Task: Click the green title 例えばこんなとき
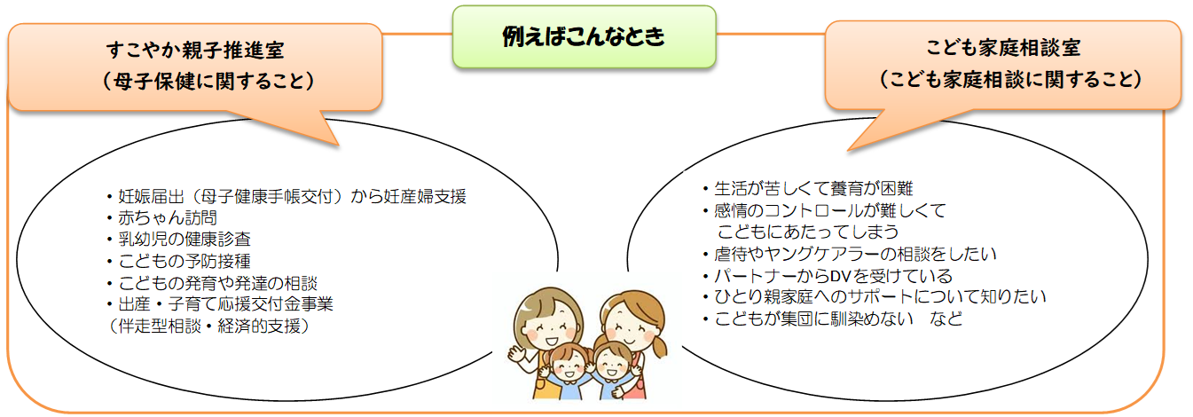pyautogui.click(x=584, y=36)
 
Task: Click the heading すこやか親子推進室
pyautogui.click(x=195, y=50)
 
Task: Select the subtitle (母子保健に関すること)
pyautogui.click(x=208, y=81)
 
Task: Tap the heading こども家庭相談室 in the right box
pyautogui.click(x=1003, y=47)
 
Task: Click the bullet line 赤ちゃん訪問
pyautogui.click(x=168, y=218)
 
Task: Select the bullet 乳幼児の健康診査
pyautogui.click(x=184, y=240)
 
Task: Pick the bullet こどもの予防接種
pyautogui.click(x=184, y=261)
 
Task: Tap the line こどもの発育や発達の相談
pyautogui.click(x=218, y=283)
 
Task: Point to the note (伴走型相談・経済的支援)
pyautogui.click(x=208, y=326)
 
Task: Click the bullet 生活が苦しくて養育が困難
pyautogui.click(x=813, y=188)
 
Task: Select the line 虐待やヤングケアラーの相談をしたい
pyautogui.click(x=855, y=254)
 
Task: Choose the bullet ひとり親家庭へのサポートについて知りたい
pyautogui.click(x=880, y=296)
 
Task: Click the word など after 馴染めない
pyautogui.click(x=946, y=319)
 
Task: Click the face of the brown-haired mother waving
pyautogui.click(x=548, y=326)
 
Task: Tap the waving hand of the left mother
pyautogui.click(x=516, y=354)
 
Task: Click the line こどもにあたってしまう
pyautogui.click(x=807, y=232)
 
